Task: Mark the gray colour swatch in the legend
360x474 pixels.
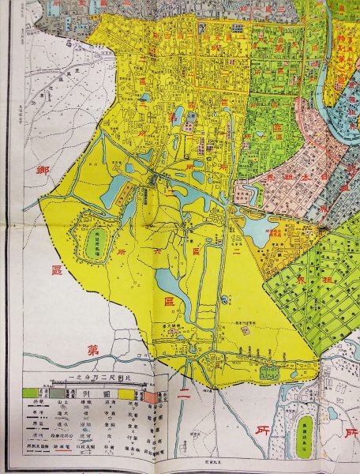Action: [59, 391]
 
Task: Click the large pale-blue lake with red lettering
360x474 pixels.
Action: [257, 230]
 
